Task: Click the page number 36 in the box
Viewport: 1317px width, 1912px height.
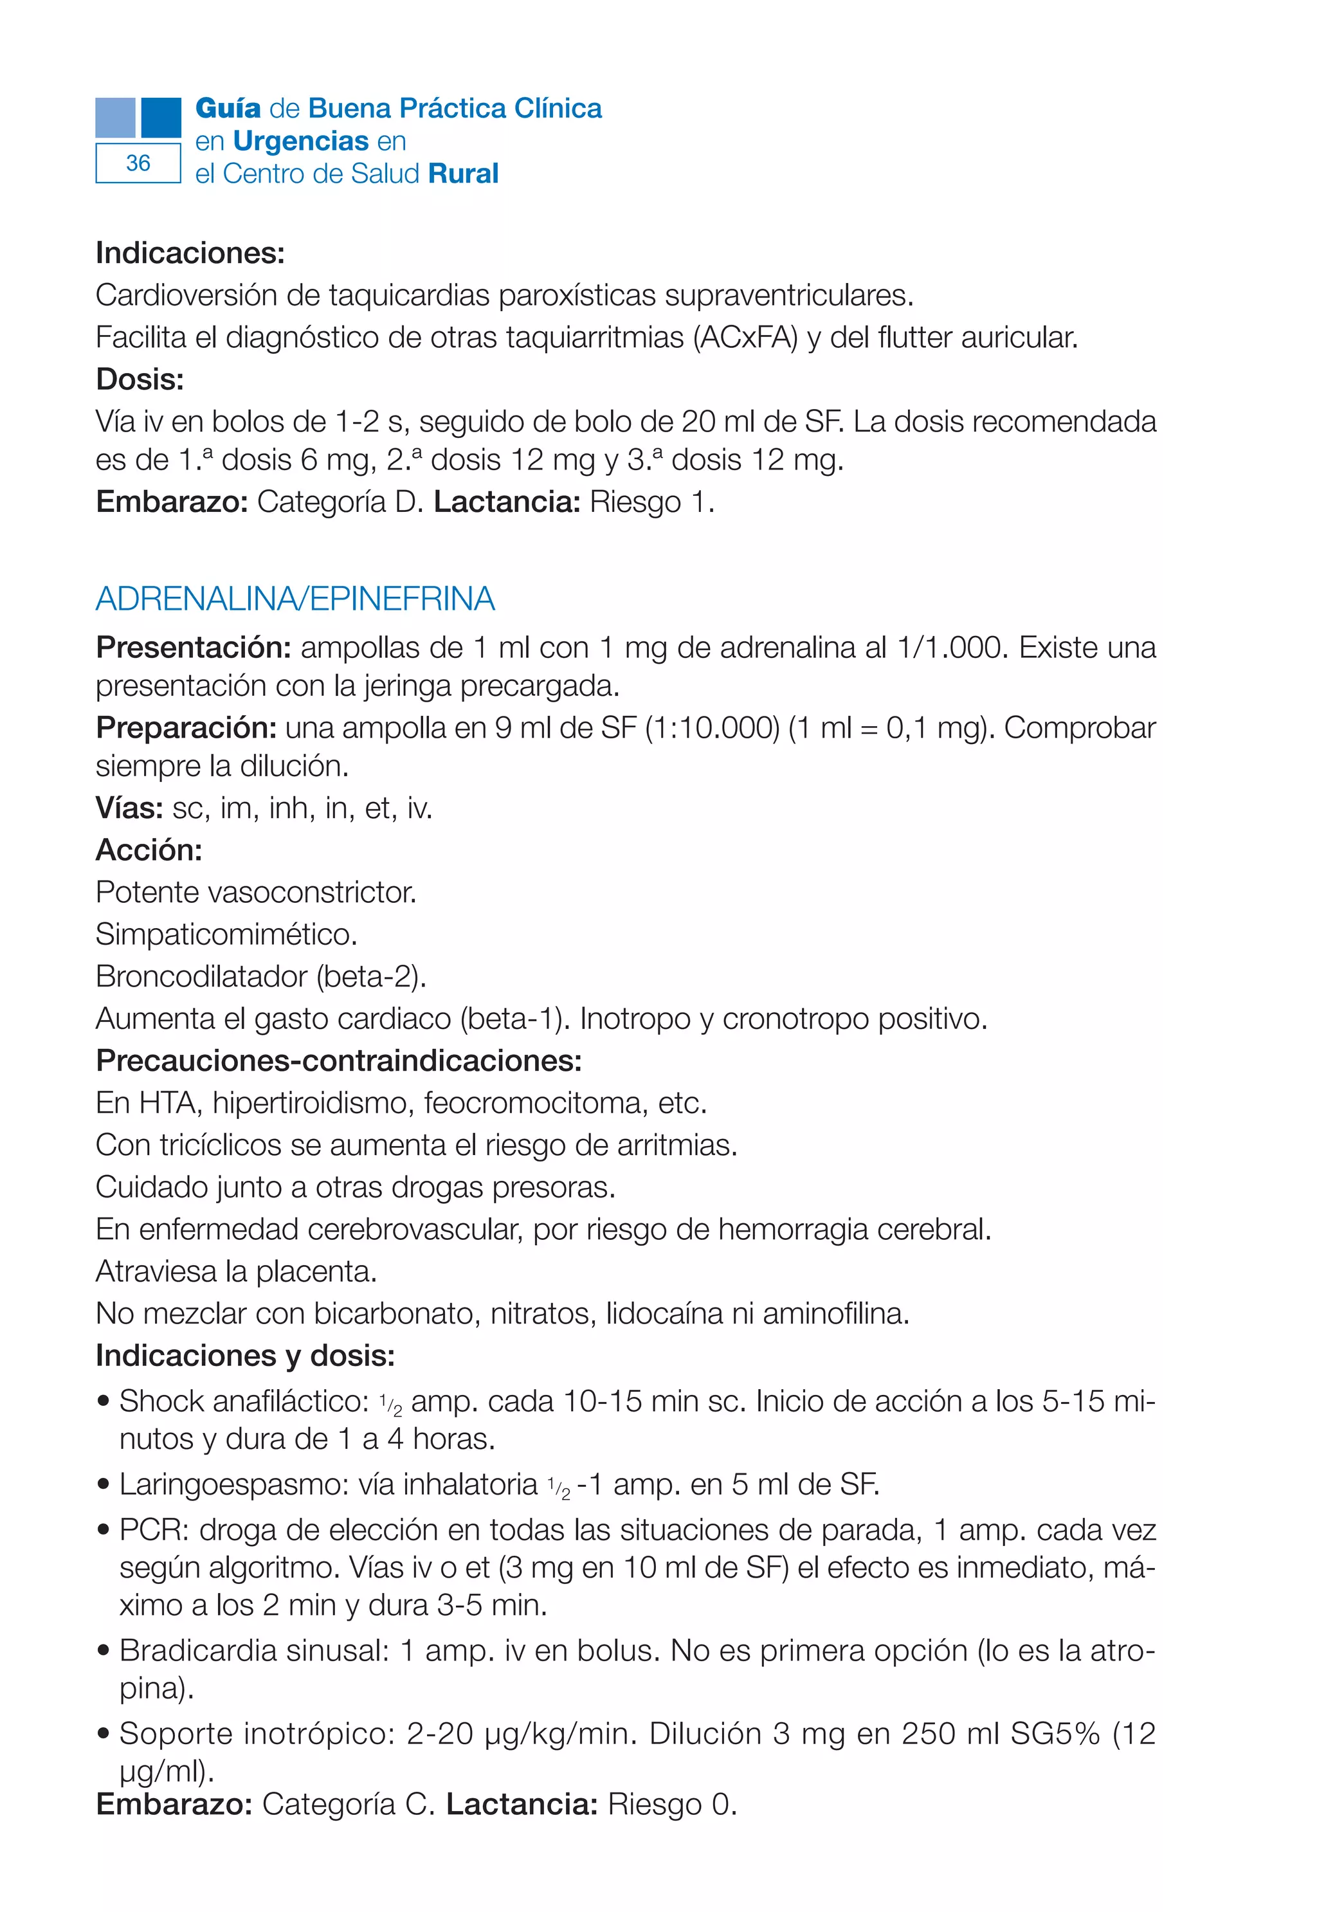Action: tap(138, 163)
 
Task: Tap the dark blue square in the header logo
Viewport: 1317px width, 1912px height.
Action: tap(161, 117)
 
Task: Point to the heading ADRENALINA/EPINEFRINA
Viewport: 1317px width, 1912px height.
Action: tap(295, 599)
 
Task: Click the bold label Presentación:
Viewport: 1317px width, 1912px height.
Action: tap(193, 648)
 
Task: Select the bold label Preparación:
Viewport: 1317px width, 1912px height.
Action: tap(186, 728)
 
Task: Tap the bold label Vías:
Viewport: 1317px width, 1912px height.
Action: tap(129, 808)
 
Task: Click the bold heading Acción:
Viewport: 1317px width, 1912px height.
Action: tap(149, 850)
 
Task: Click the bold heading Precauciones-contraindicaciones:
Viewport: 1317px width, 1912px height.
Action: tap(338, 1061)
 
